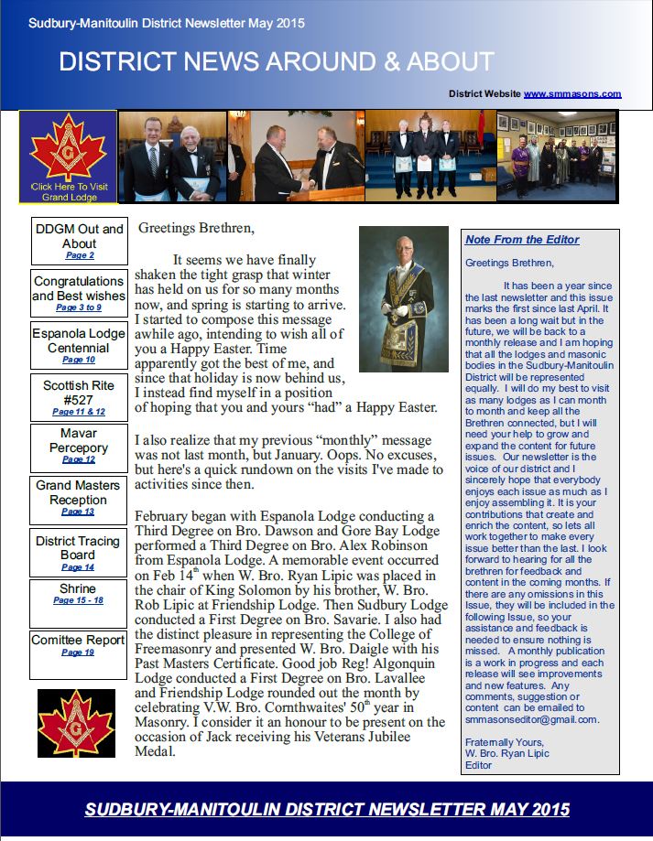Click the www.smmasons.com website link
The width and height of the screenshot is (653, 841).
click(572, 93)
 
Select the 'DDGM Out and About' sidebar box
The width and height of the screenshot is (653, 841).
click(80, 242)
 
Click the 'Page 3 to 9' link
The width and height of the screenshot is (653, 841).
click(78, 308)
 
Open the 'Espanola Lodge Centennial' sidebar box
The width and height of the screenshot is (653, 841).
click(78, 346)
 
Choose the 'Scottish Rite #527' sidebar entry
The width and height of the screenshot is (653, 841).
click(78, 397)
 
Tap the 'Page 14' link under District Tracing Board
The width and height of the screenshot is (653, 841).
click(78, 567)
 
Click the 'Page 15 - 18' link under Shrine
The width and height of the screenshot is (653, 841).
click(78, 600)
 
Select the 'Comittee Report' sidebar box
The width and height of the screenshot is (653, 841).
click(78, 645)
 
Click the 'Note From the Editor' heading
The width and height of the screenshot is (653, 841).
click(522, 240)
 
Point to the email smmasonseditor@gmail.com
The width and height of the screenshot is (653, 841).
click(531, 719)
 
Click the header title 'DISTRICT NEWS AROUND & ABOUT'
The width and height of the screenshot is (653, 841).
click(276, 62)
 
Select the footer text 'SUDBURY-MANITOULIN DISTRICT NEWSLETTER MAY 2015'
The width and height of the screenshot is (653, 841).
click(327, 810)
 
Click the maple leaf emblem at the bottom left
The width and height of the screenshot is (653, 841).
click(76, 723)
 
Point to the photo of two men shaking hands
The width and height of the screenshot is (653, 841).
click(295, 156)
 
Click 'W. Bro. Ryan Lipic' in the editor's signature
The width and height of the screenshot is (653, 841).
click(506, 753)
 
